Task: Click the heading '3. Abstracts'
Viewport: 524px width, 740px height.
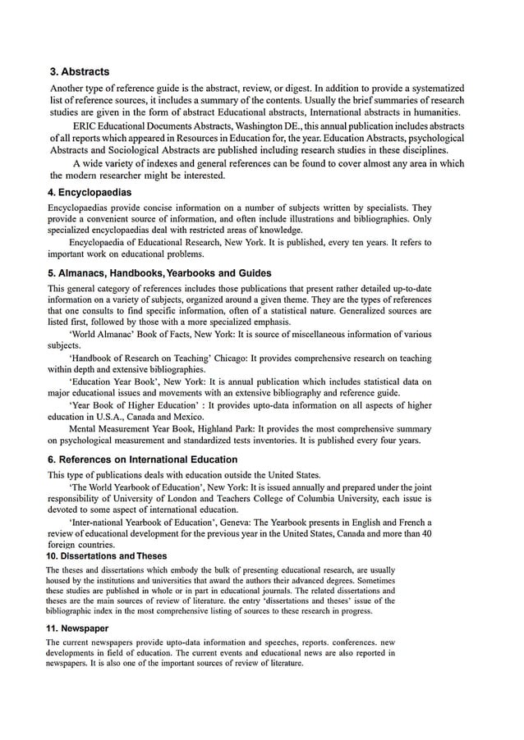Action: (x=80, y=72)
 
